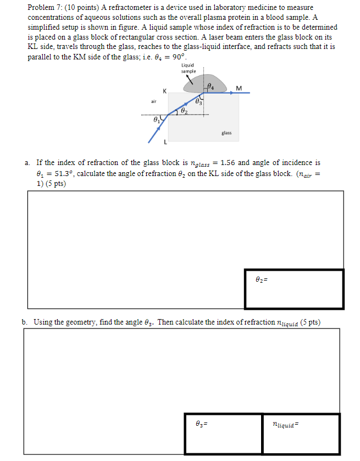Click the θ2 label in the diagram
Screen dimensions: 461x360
coord(183,111)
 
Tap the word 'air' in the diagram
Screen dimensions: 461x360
coord(154,101)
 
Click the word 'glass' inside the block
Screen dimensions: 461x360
coord(226,133)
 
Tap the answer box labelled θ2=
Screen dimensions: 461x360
coord(294,288)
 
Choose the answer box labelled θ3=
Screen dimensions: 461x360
coord(223,433)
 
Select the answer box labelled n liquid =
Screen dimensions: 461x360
coord(301,433)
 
